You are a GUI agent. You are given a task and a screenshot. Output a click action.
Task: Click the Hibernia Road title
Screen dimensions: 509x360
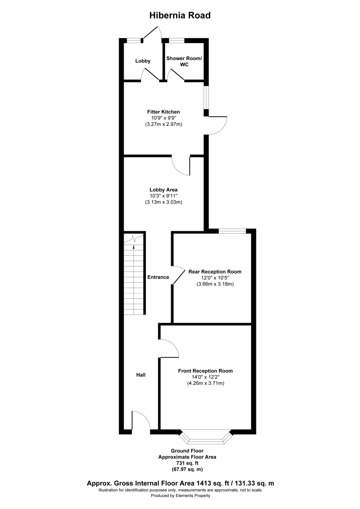(x=180, y=16)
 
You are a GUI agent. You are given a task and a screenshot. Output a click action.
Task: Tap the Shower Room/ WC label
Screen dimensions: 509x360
(x=184, y=61)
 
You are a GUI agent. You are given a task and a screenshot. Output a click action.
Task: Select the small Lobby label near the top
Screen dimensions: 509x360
(x=143, y=61)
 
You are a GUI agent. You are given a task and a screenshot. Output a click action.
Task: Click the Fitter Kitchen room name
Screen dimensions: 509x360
(x=163, y=112)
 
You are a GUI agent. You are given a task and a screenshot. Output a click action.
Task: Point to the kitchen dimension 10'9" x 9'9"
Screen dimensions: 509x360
(x=163, y=118)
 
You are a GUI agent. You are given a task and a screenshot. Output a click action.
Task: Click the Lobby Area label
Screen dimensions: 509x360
(x=163, y=190)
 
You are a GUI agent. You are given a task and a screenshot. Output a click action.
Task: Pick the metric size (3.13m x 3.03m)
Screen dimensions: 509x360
(x=163, y=202)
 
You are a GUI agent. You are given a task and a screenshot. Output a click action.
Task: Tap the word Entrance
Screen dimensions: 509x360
(x=158, y=277)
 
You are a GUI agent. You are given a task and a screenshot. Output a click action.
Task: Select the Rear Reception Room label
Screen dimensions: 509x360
(x=215, y=271)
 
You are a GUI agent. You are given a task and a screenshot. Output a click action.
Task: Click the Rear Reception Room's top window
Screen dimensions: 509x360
(x=232, y=231)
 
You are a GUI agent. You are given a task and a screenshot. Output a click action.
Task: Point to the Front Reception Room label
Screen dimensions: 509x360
(x=205, y=371)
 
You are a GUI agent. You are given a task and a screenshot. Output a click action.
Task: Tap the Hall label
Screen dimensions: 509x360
(x=141, y=375)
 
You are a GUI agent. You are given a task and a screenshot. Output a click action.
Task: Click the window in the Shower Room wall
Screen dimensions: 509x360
(x=177, y=41)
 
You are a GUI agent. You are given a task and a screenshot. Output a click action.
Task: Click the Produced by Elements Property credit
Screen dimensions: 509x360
(x=180, y=495)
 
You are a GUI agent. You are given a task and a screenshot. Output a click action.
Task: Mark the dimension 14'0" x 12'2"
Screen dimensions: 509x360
(x=205, y=377)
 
